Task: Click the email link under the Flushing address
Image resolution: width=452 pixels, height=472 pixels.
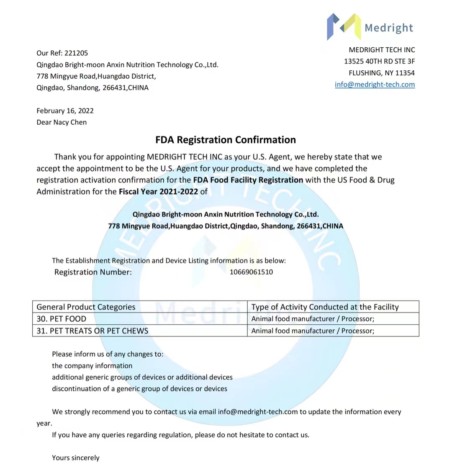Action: (375, 85)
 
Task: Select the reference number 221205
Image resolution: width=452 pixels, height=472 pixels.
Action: (76, 53)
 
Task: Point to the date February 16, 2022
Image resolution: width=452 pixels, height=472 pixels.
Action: (65, 111)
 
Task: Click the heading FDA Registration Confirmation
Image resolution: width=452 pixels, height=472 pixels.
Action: (226, 140)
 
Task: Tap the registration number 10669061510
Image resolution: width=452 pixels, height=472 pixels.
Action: (251, 272)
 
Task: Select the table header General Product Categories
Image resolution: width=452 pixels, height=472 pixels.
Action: (86, 307)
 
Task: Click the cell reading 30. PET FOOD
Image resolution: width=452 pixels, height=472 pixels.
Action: (62, 319)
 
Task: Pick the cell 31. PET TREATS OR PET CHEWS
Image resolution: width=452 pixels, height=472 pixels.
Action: (92, 331)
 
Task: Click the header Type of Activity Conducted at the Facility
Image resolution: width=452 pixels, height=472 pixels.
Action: (325, 307)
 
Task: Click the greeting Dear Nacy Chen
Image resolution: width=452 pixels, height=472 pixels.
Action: (62, 123)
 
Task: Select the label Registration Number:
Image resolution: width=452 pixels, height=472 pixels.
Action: (93, 272)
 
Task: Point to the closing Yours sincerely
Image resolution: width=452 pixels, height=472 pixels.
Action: (76, 458)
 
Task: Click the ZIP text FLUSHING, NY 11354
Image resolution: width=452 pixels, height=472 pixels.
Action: (382, 73)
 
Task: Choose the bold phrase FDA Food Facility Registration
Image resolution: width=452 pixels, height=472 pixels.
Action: (248, 180)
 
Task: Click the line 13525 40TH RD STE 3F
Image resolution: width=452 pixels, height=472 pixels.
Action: (380, 61)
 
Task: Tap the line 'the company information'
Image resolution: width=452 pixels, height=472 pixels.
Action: (92, 366)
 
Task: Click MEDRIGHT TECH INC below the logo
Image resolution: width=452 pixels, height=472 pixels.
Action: (382, 50)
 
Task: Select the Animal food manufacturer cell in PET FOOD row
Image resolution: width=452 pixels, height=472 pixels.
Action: (313, 319)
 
